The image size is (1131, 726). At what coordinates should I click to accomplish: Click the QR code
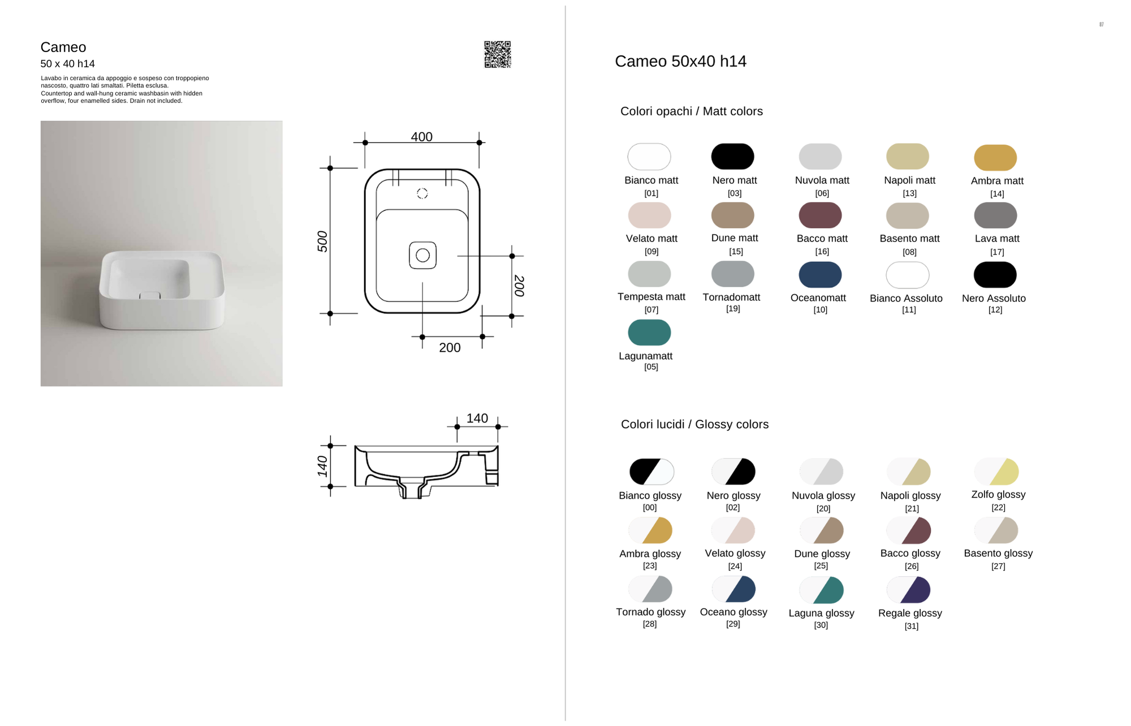pos(498,54)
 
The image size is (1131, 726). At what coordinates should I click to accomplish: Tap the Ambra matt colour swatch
pos(995,158)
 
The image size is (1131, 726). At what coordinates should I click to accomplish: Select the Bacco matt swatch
pos(820,215)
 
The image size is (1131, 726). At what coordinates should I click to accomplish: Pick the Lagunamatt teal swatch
pos(649,332)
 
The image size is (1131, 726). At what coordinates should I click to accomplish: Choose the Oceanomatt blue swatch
pos(820,275)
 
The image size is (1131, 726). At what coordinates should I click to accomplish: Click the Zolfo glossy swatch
pos(996,472)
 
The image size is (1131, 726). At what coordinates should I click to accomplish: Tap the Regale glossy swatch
pos(909,590)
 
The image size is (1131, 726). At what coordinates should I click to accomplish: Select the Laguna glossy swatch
pos(821,590)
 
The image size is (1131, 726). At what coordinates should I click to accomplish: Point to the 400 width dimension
pos(422,137)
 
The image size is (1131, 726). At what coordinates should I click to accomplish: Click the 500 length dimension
pos(322,241)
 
